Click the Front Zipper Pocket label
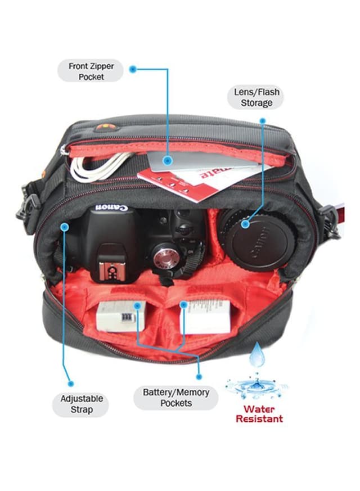(x=91, y=71)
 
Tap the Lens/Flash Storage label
(x=256, y=98)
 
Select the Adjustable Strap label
(x=82, y=404)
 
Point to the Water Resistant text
(x=259, y=414)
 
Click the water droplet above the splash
(x=257, y=356)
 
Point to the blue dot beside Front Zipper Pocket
(x=133, y=69)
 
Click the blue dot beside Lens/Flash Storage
(x=262, y=120)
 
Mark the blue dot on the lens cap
(x=245, y=224)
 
